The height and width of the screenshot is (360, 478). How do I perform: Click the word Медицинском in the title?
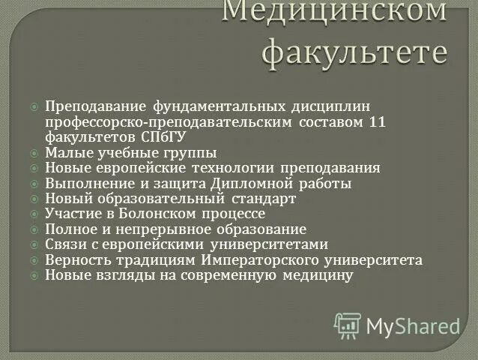coord(335,11)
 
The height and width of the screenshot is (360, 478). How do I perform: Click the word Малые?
coord(64,153)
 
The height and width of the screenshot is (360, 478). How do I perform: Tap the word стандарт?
coord(264,199)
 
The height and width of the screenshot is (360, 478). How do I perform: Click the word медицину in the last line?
coord(318,275)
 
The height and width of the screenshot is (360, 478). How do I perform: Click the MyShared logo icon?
coord(347,325)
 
